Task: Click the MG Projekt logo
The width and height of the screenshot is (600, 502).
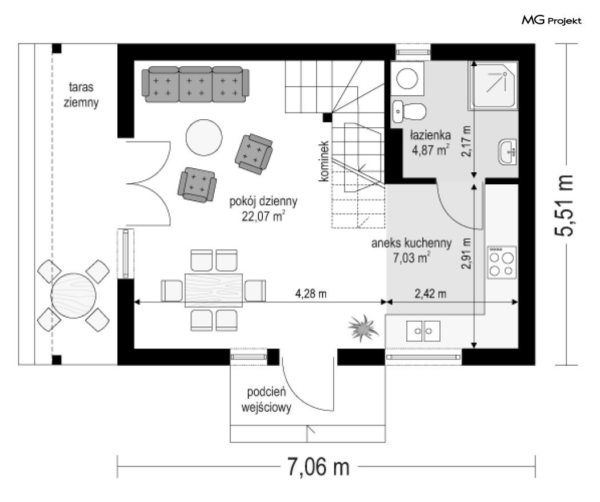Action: point(551,20)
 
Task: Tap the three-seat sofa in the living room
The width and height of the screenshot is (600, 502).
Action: point(195,84)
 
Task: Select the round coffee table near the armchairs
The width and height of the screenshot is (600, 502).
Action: point(204,137)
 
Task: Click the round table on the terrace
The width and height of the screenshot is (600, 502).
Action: point(74,295)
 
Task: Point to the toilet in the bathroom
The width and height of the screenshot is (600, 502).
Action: point(409,112)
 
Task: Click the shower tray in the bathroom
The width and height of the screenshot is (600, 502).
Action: point(493,86)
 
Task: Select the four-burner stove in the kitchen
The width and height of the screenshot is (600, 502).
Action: point(502,262)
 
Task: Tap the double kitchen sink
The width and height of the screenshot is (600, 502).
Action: point(423,331)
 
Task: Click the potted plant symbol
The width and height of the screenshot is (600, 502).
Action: point(362,328)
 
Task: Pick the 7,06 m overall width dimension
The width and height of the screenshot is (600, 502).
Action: point(318,467)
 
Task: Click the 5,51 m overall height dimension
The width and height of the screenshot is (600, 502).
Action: point(565,205)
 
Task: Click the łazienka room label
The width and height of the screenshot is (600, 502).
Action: point(430,135)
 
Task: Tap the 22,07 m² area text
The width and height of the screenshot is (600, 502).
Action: point(263,217)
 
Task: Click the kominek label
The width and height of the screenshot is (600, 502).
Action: point(324,161)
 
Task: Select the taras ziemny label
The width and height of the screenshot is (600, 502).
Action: point(81,94)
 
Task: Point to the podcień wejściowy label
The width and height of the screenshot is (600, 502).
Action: point(266,400)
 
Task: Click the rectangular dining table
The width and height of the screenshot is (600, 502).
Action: point(214,290)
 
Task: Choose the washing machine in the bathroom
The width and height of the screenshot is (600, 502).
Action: point(407,78)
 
